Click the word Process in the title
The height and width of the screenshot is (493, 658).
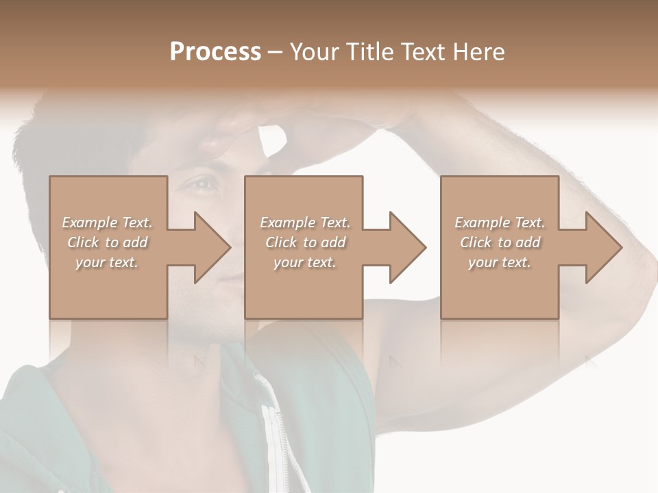[x=215, y=52]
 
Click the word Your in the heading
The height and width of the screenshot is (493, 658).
[x=315, y=52]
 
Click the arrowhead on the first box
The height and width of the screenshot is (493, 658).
[x=212, y=247]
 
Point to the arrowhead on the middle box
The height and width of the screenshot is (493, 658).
[x=408, y=247]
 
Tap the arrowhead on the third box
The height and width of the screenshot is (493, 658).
[x=604, y=247]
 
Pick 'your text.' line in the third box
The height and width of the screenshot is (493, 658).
[x=499, y=262]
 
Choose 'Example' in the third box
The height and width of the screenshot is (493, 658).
[x=481, y=223]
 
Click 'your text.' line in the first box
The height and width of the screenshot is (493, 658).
[x=107, y=262]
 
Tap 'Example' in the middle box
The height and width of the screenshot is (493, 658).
[x=286, y=223]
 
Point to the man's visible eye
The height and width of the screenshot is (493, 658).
[x=204, y=184]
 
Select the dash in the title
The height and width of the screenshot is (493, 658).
[x=276, y=53]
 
